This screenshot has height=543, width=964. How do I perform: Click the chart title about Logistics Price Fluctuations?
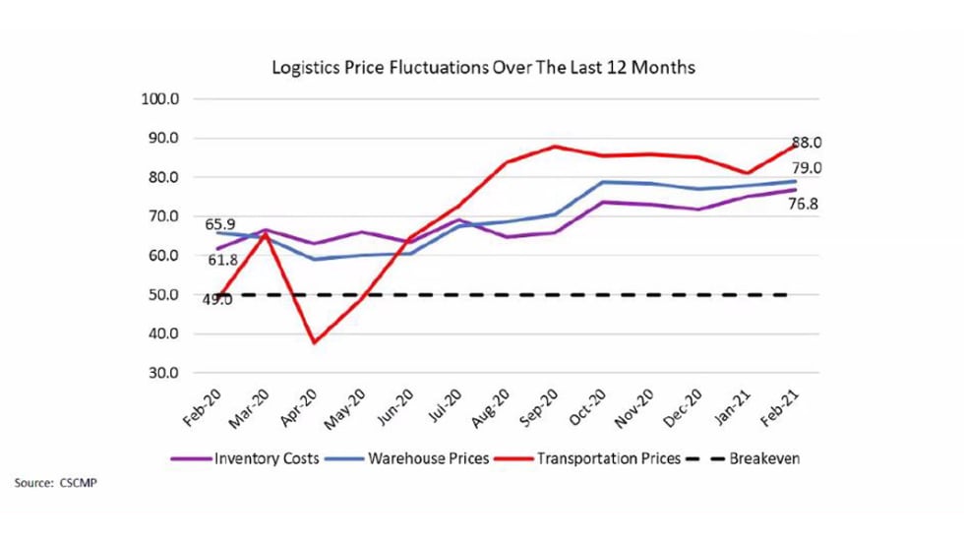[x=484, y=68]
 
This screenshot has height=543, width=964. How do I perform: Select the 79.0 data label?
[x=808, y=168]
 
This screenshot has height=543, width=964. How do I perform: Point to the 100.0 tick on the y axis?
[x=160, y=99]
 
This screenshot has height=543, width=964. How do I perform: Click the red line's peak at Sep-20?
[x=556, y=147]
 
